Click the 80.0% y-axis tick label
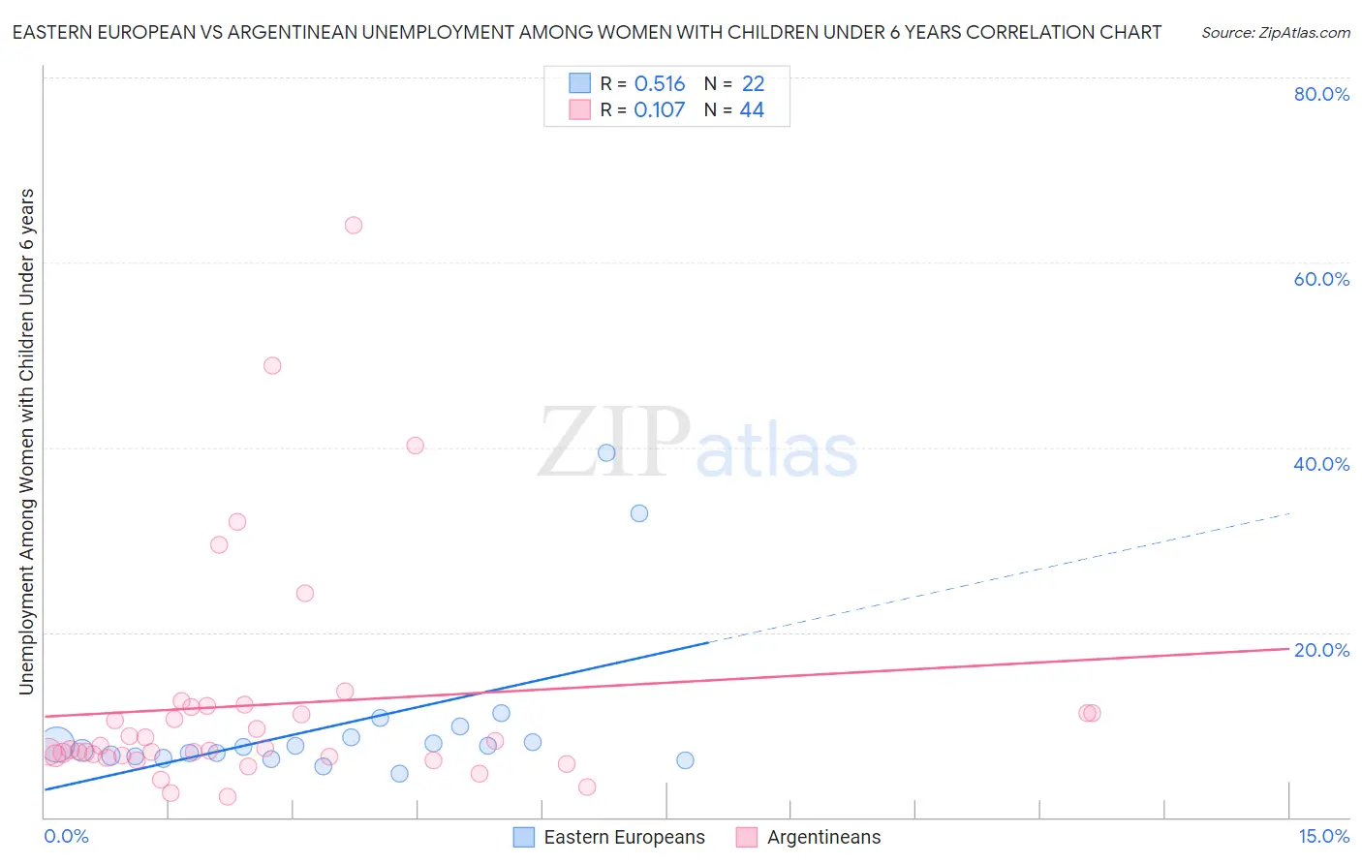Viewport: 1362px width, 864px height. pos(1321,94)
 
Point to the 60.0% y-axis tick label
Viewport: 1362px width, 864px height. pos(1321,279)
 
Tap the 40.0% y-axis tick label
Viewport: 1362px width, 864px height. pos(1321,464)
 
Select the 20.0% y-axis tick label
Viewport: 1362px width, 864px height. pos(1321,650)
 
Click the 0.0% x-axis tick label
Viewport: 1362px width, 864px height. pos(66,836)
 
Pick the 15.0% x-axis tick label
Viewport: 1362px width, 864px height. pos(1323,836)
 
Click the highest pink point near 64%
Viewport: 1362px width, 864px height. pos(354,225)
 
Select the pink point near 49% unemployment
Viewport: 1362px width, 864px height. pos(272,365)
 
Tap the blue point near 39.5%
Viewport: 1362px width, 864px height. pos(606,452)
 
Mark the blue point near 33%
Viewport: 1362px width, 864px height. pos(639,513)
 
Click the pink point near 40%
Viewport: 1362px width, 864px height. pos(416,446)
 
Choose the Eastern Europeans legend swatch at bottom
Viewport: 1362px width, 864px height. pos(524,837)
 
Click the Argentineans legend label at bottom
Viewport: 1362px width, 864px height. pos(823,837)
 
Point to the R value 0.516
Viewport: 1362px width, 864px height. pos(660,84)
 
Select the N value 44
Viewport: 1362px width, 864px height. pos(752,110)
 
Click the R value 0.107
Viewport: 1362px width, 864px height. pos(659,110)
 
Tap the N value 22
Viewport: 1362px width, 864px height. pos(753,84)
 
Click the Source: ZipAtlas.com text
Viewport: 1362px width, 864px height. pos(1275,33)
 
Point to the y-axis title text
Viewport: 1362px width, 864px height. pos(27,441)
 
